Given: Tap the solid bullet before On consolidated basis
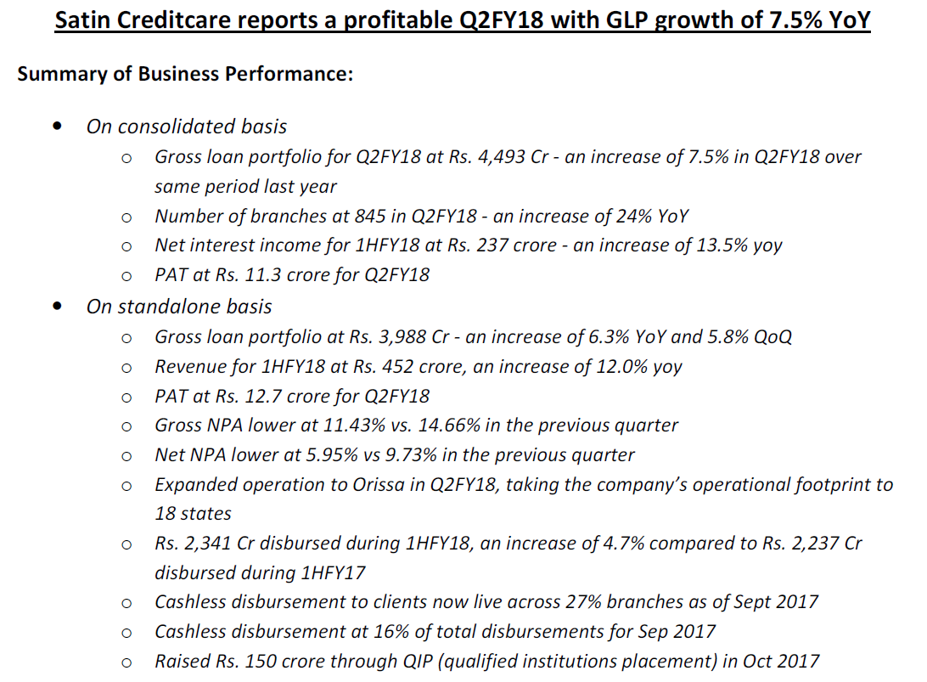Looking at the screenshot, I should coord(57,127).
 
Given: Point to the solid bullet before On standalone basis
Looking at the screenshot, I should coord(57,307).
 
